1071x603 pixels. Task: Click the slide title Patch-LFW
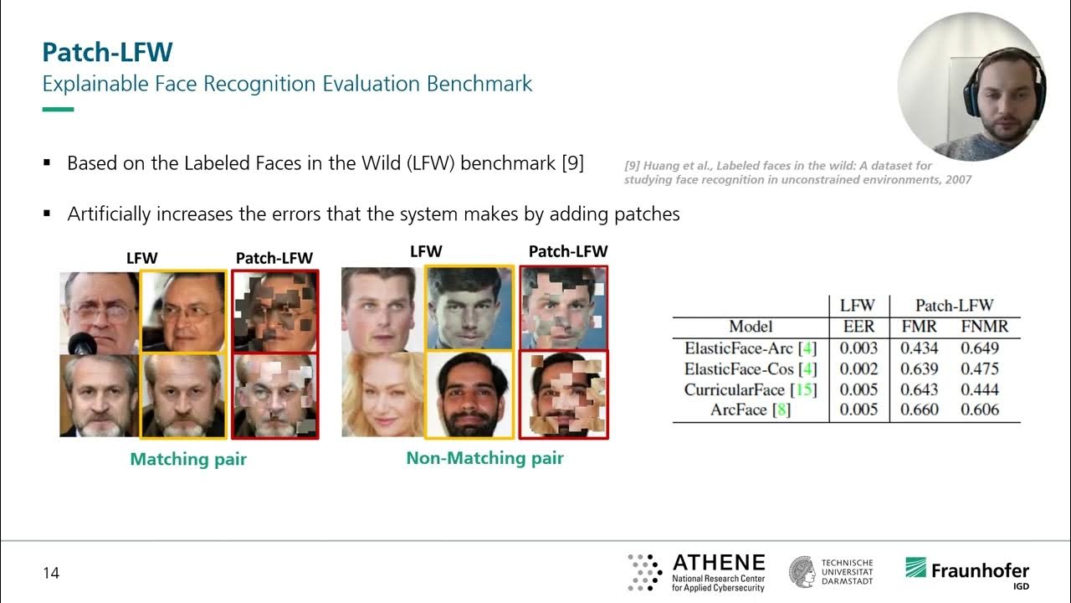tap(107, 52)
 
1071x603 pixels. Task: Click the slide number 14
tap(52, 574)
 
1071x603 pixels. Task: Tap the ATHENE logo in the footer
tap(696, 572)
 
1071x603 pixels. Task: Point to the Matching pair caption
tap(188, 459)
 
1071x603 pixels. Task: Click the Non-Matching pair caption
tap(484, 458)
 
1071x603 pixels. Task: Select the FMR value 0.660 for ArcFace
tap(920, 410)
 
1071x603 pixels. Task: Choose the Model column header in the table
tap(751, 327)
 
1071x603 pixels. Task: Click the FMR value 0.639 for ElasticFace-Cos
tap(920, 368)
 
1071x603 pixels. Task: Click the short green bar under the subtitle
tap(58, 109)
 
